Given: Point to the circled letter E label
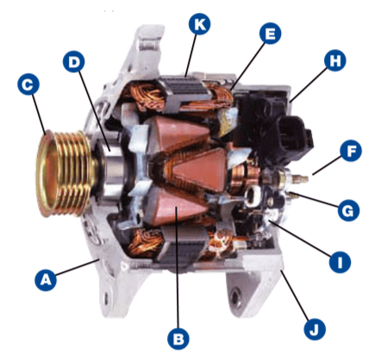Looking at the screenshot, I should [270, 34].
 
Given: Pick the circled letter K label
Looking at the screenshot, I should [200, 24].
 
